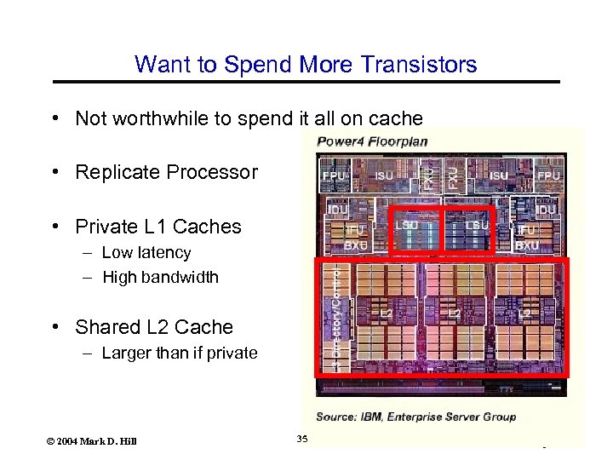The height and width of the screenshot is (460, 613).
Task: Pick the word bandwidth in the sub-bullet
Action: tap(179, 278)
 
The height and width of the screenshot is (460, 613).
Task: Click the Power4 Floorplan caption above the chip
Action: tap(372, 141)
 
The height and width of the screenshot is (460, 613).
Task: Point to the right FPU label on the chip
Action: tap(548, 176)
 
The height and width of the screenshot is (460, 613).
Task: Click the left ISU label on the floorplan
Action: tap(384, 176)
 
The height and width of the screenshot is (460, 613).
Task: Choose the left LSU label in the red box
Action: tap(406, 225)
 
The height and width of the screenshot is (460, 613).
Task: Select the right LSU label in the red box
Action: tap(477, 225)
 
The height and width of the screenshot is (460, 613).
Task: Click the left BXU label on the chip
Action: tap(356, 244)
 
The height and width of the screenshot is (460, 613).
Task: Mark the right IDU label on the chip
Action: tap(546, 209)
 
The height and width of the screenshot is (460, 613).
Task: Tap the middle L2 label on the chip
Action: tap(455, 314)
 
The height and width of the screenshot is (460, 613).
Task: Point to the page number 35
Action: tap(301, 439)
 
